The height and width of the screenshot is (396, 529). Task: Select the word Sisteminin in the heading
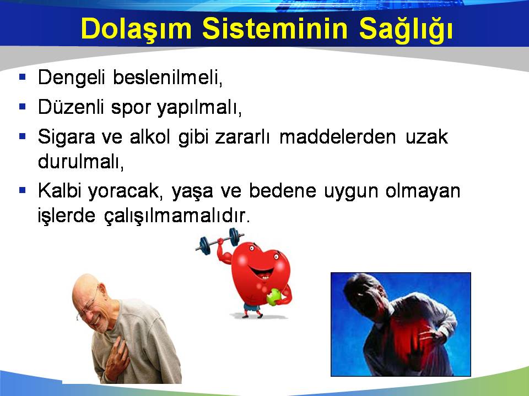275,28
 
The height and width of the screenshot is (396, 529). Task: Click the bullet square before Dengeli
23,77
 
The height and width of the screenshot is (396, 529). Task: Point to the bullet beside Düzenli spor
23,107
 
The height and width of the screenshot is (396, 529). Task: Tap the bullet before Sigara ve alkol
23,136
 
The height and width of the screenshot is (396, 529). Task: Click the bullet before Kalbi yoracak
23,190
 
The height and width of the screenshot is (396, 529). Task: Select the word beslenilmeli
168,78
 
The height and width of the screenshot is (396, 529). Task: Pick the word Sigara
67,137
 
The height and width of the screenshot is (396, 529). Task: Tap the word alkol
150,137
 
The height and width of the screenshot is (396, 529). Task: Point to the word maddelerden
338,137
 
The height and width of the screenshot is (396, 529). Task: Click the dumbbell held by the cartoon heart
220,240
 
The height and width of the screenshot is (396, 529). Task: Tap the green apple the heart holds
274,297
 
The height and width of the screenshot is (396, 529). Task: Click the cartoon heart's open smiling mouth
261,273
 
